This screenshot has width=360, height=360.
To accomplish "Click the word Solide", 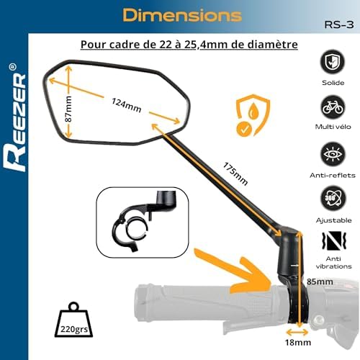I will coord(334,83).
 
